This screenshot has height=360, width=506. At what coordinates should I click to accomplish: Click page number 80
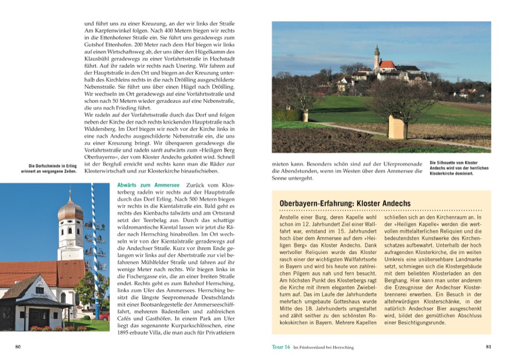tap(18, 347)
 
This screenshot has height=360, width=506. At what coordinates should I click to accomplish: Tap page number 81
tap(488, 347)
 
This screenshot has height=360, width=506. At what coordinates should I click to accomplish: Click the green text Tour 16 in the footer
tap(280, 347)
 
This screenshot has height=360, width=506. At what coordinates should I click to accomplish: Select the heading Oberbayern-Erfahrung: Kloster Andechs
tap(345, 204)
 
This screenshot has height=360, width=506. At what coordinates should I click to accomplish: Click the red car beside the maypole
tap(104, 316)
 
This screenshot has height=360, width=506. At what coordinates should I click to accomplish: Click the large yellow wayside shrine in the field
tap(395, 127)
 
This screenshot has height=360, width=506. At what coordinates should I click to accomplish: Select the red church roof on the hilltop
tap(388, 64)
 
